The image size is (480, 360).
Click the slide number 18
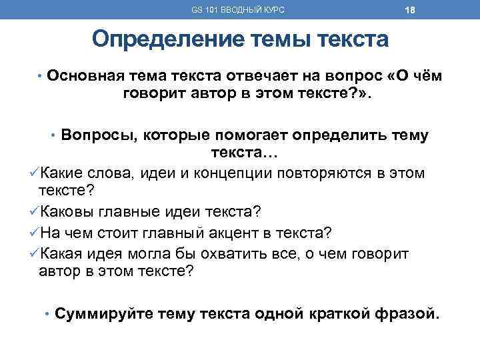(391, 10)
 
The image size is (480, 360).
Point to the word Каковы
(66, 211)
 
